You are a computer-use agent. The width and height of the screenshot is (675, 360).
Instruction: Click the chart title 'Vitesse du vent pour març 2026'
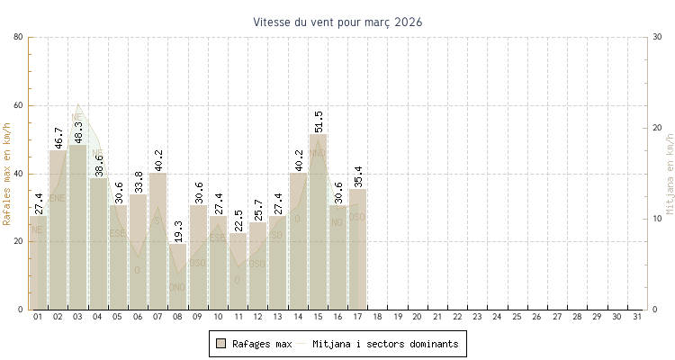click(337, 22)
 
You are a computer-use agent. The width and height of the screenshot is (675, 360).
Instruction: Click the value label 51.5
click(319, 121)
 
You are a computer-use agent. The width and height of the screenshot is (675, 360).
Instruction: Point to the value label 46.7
click(58, 137)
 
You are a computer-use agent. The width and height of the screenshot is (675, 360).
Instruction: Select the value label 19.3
click(178, 231)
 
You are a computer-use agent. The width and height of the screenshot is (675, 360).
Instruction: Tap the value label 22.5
click(238, 220)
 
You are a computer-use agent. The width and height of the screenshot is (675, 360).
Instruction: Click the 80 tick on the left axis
click(19, 37)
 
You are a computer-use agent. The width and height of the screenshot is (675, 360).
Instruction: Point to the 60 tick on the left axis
click(19, 105)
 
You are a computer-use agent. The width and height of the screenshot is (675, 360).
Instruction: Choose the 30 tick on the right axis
click(657, 37)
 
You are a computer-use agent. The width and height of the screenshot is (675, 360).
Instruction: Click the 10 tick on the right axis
click(657, 219)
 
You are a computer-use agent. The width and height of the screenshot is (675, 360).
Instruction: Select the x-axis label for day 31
click(636, 317)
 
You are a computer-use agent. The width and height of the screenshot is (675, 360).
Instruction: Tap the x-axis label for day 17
click(357, 317)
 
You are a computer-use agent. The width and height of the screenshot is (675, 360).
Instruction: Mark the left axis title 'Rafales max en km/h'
click(8, 173)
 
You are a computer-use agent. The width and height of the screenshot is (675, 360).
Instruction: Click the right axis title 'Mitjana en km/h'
click(670, 173)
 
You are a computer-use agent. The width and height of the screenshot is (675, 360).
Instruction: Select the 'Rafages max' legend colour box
click(220, 344)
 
